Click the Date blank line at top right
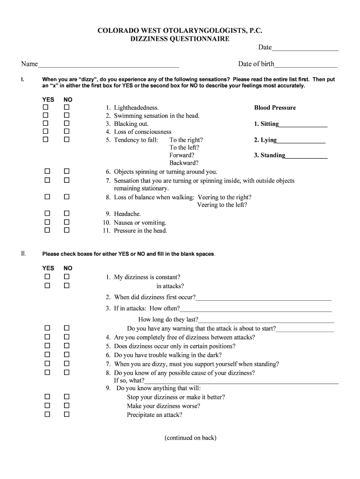point(305,48)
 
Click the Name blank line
point(108,65)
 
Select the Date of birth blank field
point(306,65)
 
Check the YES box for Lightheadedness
point(46,108)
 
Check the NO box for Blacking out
point(66,123)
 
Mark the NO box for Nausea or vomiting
point(66,222)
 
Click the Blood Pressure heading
point(275,108)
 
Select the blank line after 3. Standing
point(306,156)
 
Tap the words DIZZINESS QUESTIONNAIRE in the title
point(180,39)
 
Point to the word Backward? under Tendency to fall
point(184,163)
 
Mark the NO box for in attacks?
point(66,285)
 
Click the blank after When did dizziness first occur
point(264,298)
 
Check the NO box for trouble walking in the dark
point(66,355)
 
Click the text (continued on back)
point(190,438)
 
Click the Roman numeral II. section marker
point(23,254)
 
